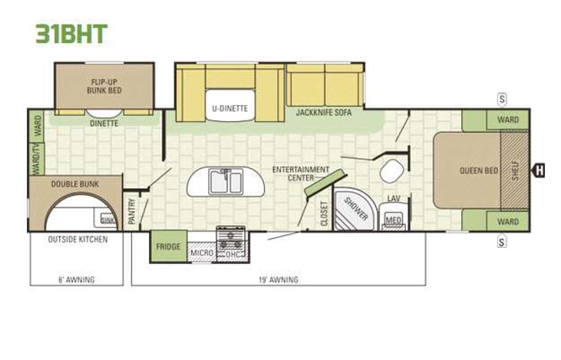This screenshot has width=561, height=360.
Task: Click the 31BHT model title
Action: (x=71, y=33)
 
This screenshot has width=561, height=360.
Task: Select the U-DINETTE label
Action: (x=229, y=108)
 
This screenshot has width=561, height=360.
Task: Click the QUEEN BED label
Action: (x=478, y=170)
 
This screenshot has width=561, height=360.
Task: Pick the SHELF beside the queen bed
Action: (x=515, y=170)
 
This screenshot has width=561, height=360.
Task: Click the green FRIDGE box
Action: (x=168, y=247)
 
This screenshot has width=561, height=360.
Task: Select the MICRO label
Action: (x=201, y=252)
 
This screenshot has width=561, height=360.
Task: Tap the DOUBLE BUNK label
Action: (x=73, y=184)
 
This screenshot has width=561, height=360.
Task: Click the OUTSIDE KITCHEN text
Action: (x=78, y=239)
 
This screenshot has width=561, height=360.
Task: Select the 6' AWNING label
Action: (x=77, y=279)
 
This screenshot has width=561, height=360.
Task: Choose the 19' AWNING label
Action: (x=278, y=279)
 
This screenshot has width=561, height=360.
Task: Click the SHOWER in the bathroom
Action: (x=356, y=207)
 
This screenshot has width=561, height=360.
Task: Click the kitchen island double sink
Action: (x=226, y=183)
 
